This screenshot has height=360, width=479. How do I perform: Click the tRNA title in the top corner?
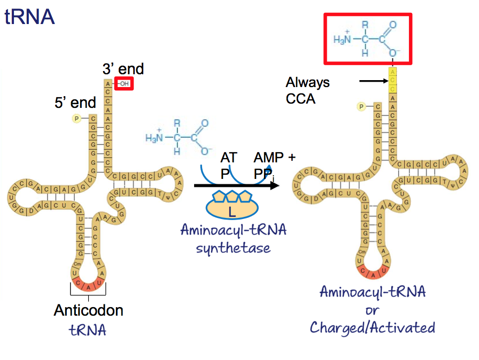(x=30, y=17)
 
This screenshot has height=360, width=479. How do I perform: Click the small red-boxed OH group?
(x=123, y=83)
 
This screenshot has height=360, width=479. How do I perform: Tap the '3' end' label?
(x=123, y=69)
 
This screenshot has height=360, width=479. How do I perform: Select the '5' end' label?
(x=75, y=103)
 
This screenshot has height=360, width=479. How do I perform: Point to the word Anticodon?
(x=88, y=310)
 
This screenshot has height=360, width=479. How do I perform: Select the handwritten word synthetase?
(x=234, y=248)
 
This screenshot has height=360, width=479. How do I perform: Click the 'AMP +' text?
(x=274, y=158)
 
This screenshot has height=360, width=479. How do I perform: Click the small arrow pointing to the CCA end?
(x=372, y=81)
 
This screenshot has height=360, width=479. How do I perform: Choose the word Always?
(x=307, y=83)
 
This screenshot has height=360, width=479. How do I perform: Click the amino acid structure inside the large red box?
(x=367, y=38)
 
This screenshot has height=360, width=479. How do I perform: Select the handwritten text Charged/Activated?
(x=373, y=327)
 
